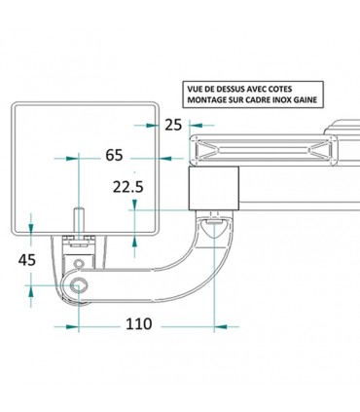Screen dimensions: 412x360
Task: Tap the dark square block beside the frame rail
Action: click(x=213, y=187)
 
